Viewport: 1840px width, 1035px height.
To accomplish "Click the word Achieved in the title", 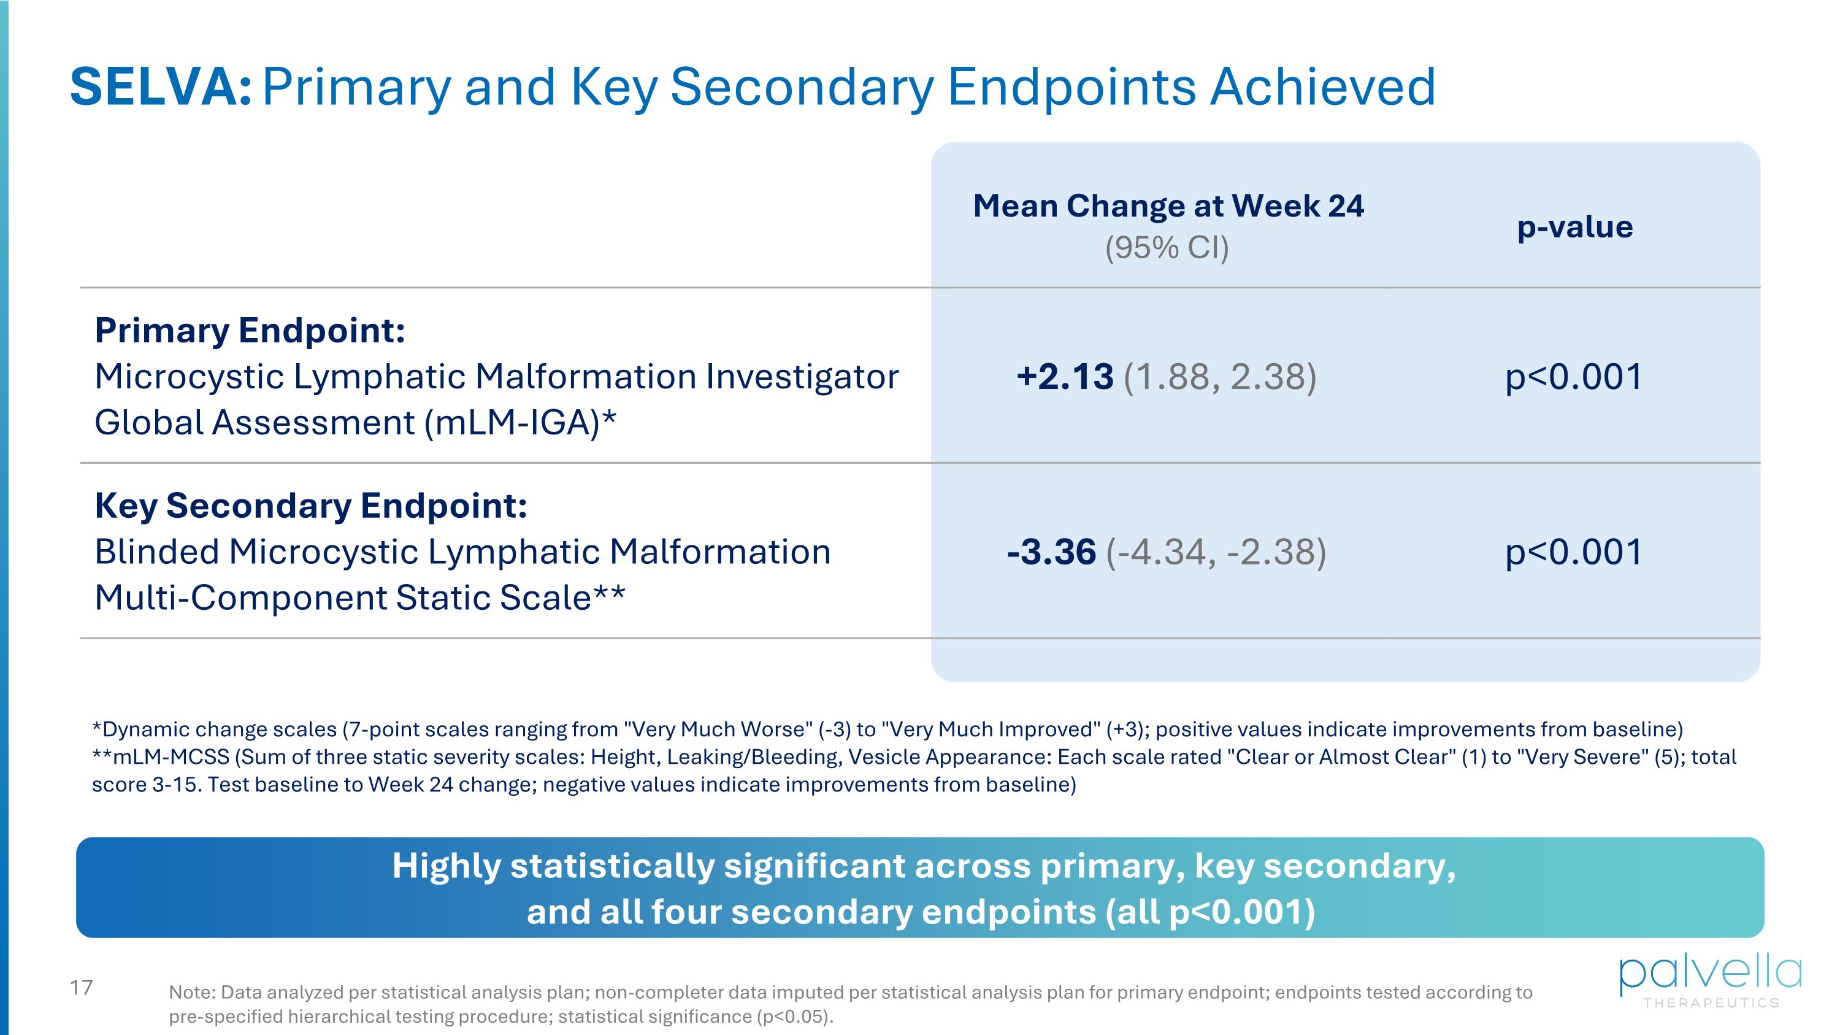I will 1322,87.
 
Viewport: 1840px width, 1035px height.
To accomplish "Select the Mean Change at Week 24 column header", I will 1168,206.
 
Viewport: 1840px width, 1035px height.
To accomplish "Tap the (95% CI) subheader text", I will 1167,247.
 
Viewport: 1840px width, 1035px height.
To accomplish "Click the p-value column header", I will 1574,226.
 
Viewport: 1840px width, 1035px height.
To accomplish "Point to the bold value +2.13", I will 1064,377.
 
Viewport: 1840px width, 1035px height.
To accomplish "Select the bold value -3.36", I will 1051,552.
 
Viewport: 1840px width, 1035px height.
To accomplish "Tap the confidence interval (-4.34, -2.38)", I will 1216,552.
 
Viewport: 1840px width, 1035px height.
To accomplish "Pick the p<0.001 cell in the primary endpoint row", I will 1574,377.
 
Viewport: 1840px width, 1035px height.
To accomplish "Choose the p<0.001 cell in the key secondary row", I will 1574,552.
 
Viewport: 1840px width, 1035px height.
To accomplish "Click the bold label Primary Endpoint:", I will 250,330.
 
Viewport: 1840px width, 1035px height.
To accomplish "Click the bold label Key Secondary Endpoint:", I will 311,505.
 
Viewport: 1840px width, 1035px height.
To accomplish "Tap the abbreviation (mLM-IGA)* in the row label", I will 519,422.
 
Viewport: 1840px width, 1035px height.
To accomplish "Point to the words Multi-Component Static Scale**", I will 359,597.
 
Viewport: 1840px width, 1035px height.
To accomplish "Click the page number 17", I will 82,987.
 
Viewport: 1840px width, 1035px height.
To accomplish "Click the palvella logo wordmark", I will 1710,973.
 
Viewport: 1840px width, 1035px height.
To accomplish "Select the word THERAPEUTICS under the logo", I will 1711,1003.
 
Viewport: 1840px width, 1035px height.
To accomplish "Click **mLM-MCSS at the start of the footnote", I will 161,756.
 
